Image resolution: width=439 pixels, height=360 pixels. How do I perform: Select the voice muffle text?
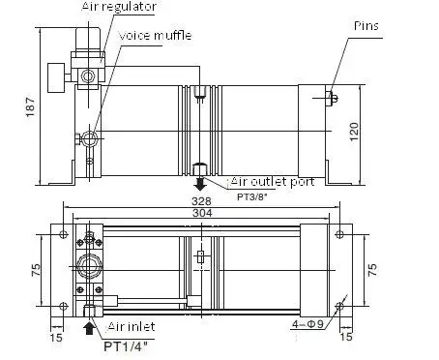(155, 35)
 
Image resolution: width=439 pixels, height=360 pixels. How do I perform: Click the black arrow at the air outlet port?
(199, 181)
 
